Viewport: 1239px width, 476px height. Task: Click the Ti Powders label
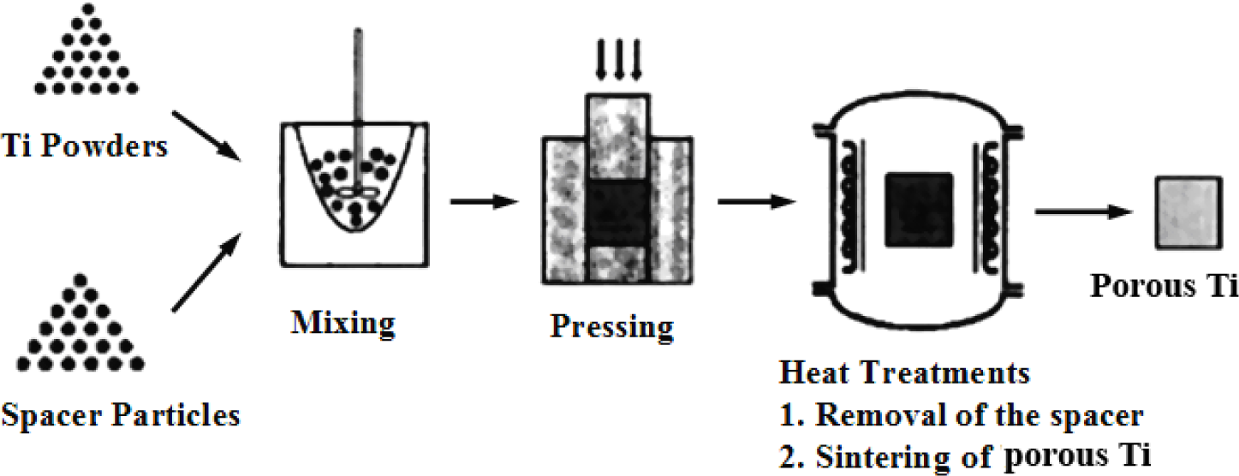tap(84, 146)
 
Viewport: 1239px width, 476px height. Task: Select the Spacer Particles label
tap(120, 416)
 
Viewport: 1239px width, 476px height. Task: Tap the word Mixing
tap(343, 324)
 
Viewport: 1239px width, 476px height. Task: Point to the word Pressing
tap(611, 326)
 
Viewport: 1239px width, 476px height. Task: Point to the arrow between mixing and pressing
tap(484, 202)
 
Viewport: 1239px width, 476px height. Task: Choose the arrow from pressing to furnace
tap(753, 202)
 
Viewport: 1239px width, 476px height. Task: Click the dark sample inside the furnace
tap(919, 210)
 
